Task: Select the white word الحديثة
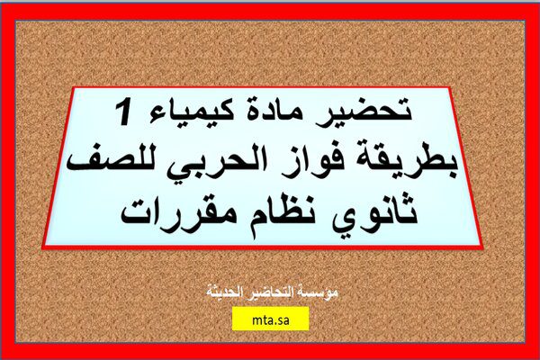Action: [224, 292]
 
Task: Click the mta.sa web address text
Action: [270, 320]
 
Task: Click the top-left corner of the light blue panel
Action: [74, 88]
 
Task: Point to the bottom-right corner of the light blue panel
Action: [482, 245]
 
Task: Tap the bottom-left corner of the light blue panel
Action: [44, 247]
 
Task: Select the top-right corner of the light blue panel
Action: [450, 88]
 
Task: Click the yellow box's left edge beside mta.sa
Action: [232, 319]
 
